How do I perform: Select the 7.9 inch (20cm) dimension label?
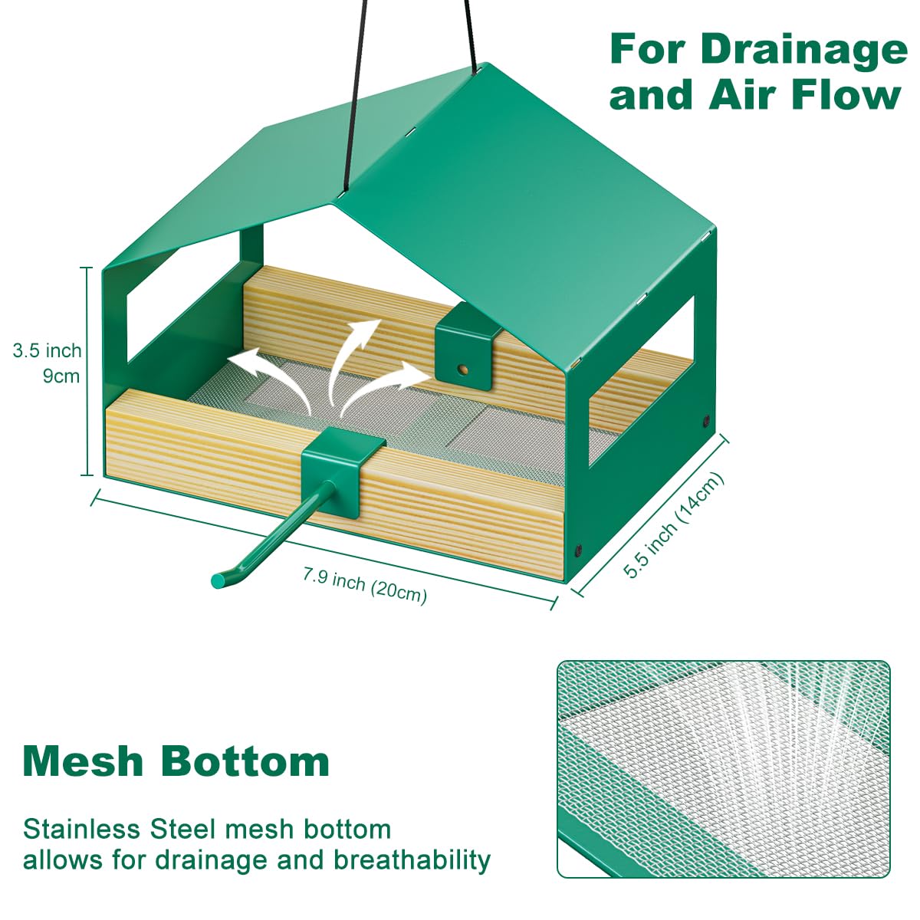click(x=364, y=584)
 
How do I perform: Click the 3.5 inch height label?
click(x=47, y=351)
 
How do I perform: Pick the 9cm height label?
click(x=61, y=376)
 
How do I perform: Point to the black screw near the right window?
click(x=705, y=420)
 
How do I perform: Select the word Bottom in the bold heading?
click(x=245, y=761)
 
